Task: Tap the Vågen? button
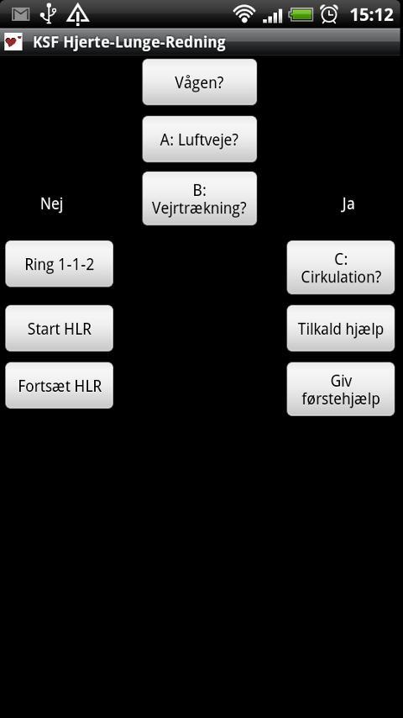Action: pyautogui.click(x=199, y=82)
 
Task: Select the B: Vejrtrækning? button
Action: pyautogui.click(x=199, y=199)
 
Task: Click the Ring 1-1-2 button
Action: pyautogui.click(x=59, y=264)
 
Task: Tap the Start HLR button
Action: pyautogui.click(x=59, y=329)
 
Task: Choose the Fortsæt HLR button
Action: pyautogui.click(x=59, y=386)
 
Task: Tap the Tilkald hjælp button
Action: pyautogui.click(x=340, y=329)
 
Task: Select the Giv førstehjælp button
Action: pyautogui.click(x=340, y=389)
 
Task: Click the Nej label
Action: pyautogui.click(x=52, y=204)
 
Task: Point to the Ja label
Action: pyautogui.click(x=348, y=204)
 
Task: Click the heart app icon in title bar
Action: pyautogui.click(x=13, y=42)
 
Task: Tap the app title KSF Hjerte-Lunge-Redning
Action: pyautogui.click(x=129, y=42)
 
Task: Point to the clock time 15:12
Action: pyautogui.click(x=371, y=14)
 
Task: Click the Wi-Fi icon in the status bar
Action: pyautogui.click(x=244, y=14)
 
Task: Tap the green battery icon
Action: pyautogui.click(x=301, y=14)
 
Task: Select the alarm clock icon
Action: pyautogui.click(x=329, y=14)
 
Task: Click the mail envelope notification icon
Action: pyautogui.click(x=20, y=14)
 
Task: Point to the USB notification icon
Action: pyautogui.click(x=49, y=14)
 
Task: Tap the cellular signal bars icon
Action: pyautogui.click(x=273, y=14)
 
